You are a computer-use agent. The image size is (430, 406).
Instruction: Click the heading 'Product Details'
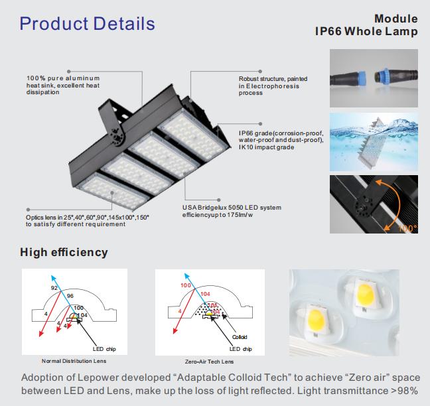point(87,25)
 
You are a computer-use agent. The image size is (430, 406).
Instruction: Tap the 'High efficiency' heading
point(64,252)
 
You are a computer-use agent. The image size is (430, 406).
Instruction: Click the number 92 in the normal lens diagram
point(54,289)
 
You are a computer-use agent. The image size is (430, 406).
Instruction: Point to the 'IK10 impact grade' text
point(266,147)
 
